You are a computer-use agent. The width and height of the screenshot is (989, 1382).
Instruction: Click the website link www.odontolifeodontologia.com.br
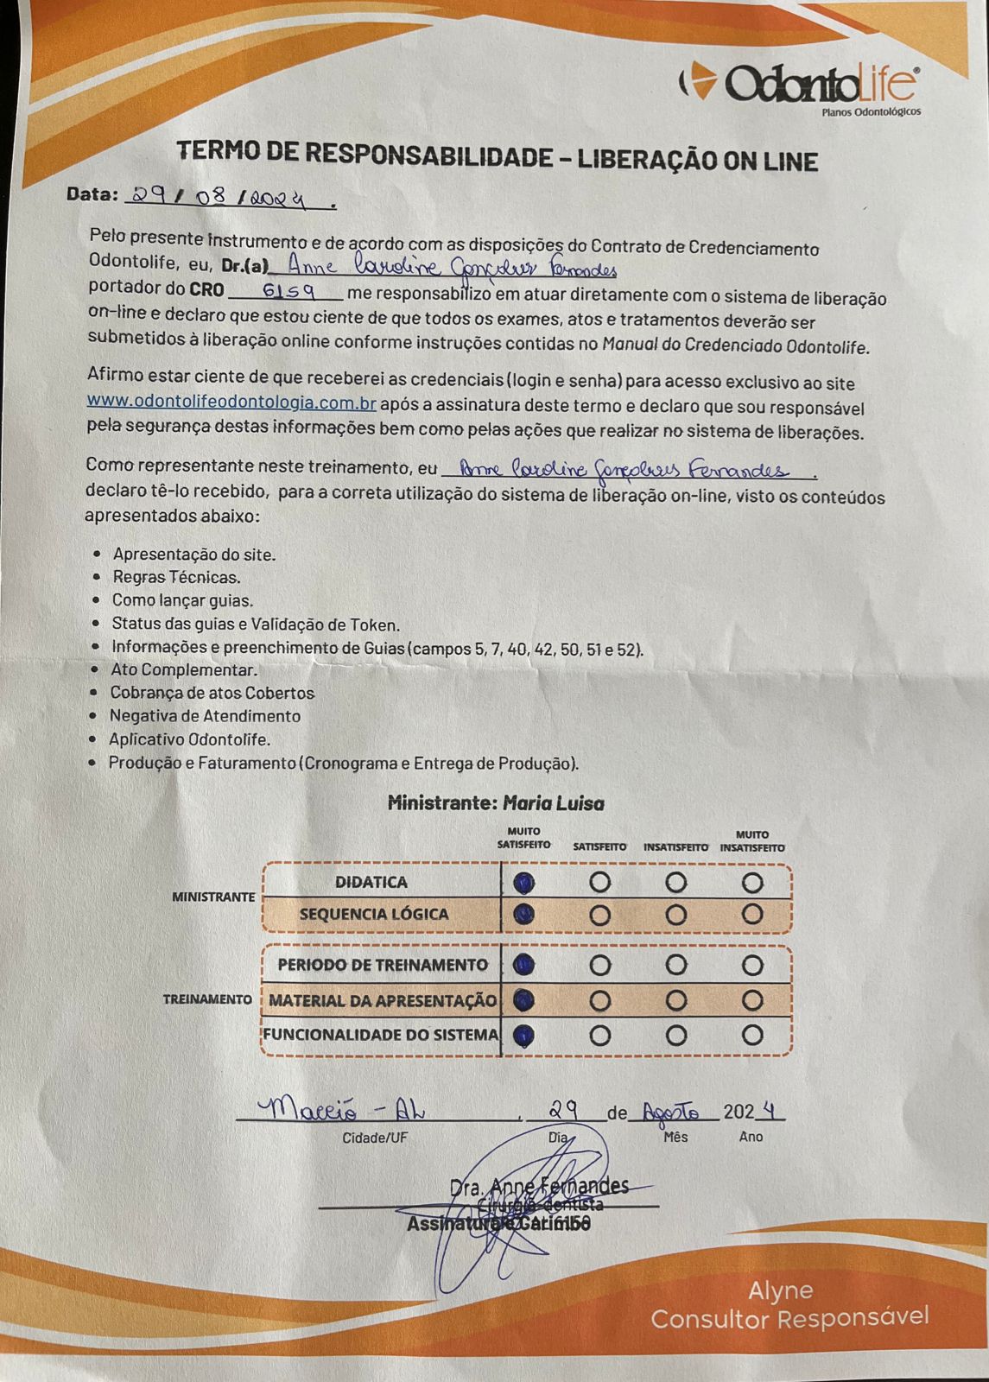(231, 403)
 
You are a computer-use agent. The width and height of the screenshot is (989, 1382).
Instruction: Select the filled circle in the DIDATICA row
(523, 883)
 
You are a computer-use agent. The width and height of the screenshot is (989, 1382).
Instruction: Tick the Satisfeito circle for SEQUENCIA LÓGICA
(599, 915)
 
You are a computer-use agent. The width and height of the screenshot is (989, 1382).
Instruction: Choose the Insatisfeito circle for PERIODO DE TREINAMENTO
(676, 965)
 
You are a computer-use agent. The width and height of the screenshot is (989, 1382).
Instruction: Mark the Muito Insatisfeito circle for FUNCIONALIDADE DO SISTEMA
(752, 1035)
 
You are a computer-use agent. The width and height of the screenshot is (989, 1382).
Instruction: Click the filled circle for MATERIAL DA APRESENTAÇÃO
(523, 1000)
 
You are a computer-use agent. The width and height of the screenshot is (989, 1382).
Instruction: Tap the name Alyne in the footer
(780, 1290)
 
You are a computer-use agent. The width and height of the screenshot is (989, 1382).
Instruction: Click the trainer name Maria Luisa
(553, 803)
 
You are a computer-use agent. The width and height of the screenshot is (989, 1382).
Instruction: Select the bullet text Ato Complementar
(184, 669)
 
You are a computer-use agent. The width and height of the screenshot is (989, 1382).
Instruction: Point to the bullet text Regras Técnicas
(177, 577)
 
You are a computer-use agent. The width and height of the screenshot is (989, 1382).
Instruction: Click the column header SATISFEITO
(599, 847)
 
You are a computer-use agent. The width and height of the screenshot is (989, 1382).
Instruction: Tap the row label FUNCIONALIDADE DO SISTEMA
(381, 1035)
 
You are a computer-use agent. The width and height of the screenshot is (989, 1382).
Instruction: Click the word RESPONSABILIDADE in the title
(428, 155)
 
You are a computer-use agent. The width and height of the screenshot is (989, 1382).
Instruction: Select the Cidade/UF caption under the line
(374, 1138)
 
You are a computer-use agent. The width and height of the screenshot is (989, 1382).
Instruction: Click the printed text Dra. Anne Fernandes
(540, 1186)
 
